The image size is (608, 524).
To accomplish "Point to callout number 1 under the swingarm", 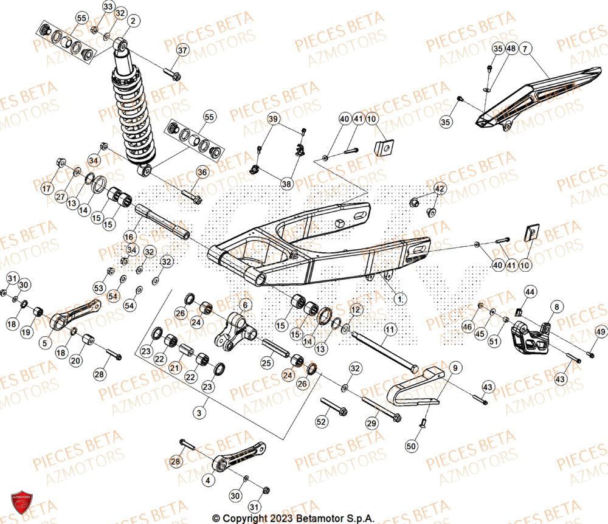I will tap(399, 298).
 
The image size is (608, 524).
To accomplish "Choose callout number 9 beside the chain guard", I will tap(455, 367).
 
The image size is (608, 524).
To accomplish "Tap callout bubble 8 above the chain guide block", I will tap(556, 307).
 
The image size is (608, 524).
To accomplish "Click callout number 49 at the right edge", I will tap(600, 331).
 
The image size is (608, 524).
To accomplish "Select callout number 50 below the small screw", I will tap(412, 446).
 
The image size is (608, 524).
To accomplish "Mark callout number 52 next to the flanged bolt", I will tap(322, 421).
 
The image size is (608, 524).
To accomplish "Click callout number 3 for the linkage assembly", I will tap(198, 413).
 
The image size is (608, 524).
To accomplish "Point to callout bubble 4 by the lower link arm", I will tap(209, 480).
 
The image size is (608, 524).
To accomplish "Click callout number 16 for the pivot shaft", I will tap(128, 236).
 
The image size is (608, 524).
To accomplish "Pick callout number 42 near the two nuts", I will tap(439, 188).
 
